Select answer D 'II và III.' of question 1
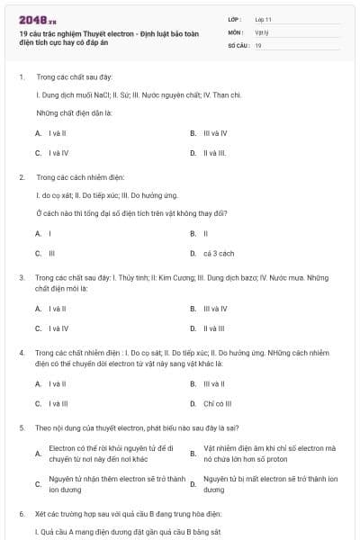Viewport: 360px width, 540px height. click(213, 153)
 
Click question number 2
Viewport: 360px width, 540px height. click(22, 176)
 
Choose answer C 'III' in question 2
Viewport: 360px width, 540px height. click(51, 253)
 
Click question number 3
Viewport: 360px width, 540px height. click(22, 277)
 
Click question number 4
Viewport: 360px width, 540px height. click(22, 353)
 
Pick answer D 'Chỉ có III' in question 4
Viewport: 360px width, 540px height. click(217, 403)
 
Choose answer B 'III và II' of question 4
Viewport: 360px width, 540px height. click(213, 383)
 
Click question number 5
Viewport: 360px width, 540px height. click(22, 427)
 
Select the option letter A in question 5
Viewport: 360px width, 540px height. click(38, 453)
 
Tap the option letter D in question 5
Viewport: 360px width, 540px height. click(193, 483)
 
